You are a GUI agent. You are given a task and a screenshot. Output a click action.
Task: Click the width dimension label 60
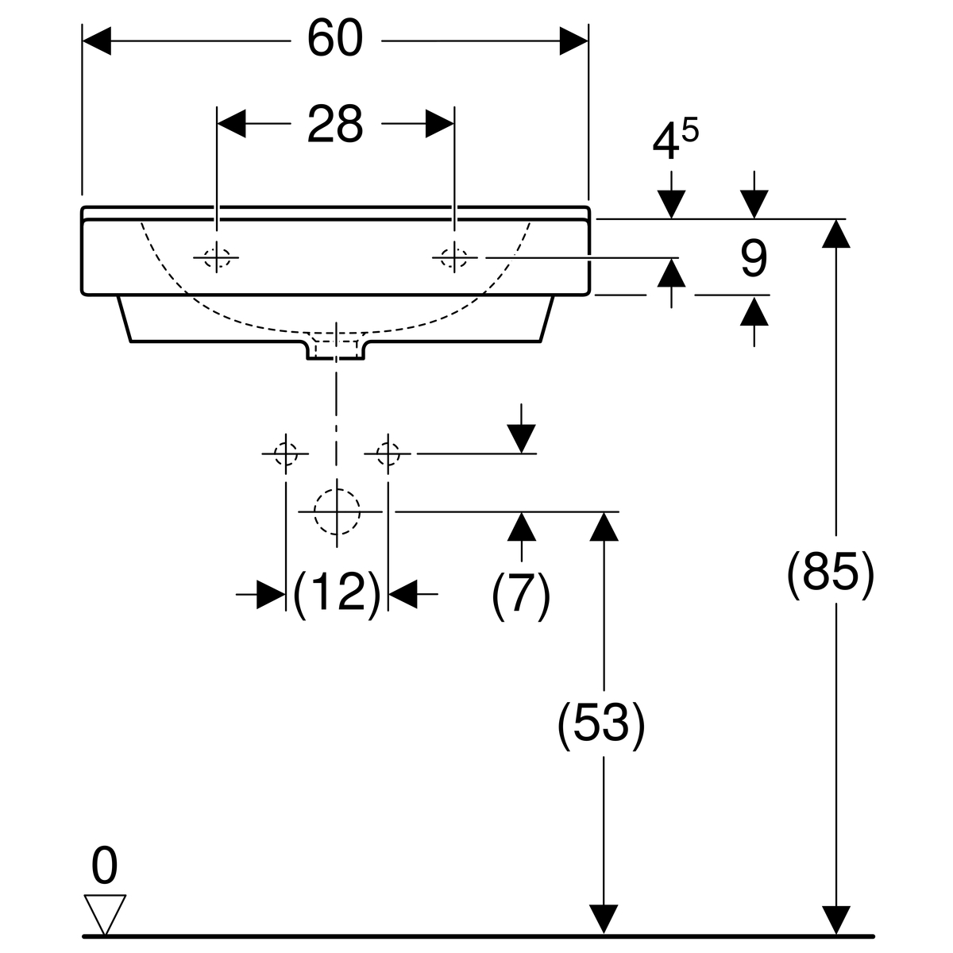click(335, 39)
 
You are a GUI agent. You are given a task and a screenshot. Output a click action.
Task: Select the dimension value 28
click(335, 124)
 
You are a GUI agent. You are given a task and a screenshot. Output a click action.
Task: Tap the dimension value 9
click(754, 258)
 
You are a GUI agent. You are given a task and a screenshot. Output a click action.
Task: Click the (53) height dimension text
click(601, 724)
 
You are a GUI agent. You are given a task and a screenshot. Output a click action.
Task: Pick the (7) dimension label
click(521, 595)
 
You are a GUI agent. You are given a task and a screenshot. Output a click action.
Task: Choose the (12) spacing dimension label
click(337, 594)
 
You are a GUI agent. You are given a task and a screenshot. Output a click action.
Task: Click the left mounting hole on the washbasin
click(217, 257)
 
